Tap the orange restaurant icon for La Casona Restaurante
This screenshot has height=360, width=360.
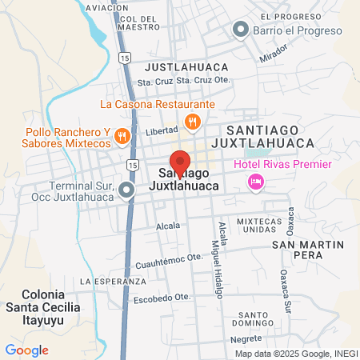(192, 122)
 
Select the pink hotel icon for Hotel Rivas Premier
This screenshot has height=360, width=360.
(255, 182)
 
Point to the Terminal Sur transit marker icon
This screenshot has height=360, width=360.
(126, 190)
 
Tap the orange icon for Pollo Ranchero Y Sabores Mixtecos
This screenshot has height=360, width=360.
(122, 135)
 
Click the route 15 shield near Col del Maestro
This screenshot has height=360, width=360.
(123, 58)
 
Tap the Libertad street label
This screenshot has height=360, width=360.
(162, 130)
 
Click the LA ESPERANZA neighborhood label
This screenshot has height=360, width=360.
(113, 282)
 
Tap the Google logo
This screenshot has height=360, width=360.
(27, 350)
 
